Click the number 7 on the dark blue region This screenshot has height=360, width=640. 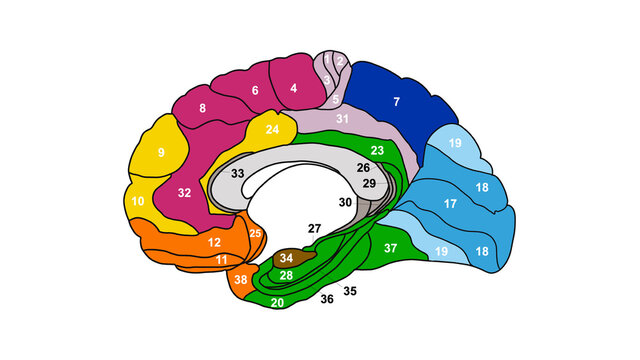point(396,102)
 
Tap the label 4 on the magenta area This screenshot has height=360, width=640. point(293,88)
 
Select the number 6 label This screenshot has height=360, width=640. point(255,91)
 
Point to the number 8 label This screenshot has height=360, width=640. point(203,107)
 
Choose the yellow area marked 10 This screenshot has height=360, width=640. point(139,201)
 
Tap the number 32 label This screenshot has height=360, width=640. point(185,192)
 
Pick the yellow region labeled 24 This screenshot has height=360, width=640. point(272,131)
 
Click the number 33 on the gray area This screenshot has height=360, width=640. point(239,174)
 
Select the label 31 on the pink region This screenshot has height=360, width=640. point(342,120)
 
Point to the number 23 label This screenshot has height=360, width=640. point(377,150)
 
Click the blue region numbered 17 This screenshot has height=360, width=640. point(451,204)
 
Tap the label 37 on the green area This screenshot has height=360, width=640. point(391,247)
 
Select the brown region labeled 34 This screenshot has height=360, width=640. point(287,259)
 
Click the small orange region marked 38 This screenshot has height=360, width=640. point(240,280)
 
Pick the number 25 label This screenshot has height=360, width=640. point(255,234)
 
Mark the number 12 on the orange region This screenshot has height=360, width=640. point(214,242)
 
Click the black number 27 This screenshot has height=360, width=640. point(314,229)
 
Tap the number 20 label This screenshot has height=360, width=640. point(277,301)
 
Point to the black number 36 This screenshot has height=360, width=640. point(326,298)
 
